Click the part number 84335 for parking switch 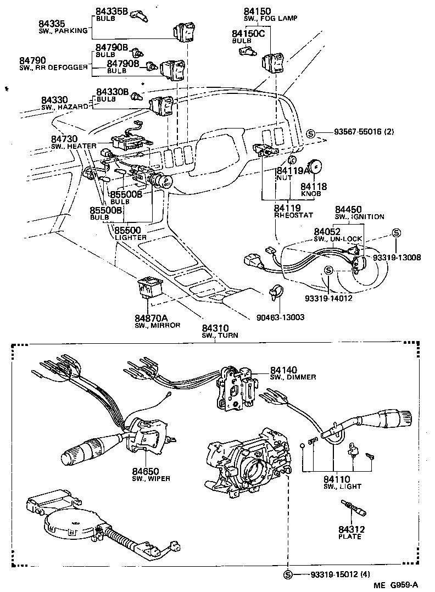coord(52,23)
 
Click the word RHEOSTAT coord(291,216)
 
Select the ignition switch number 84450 coord(348,209)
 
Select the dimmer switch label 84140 coord(283,370)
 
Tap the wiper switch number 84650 coord(146,471)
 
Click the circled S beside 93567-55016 coord(310,133)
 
